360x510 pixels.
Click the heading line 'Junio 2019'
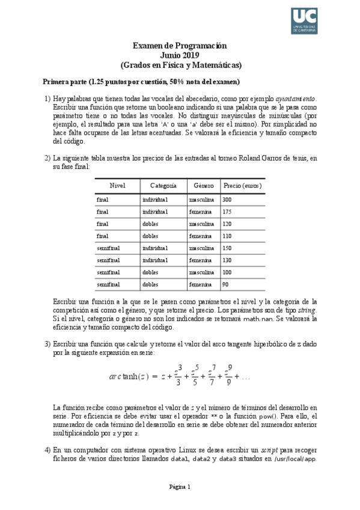click(180, 55)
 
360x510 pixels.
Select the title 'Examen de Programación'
click(180, 45)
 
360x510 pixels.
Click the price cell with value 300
click(227, 199)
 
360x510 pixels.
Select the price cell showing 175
click(227, 212)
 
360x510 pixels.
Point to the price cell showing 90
click(226, 284)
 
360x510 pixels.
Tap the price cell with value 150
click(227, 248)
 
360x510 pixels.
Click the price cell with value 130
click(227, 260)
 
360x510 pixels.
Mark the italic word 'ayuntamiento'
click(295, 99)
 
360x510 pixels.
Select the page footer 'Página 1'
click(180, 486)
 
